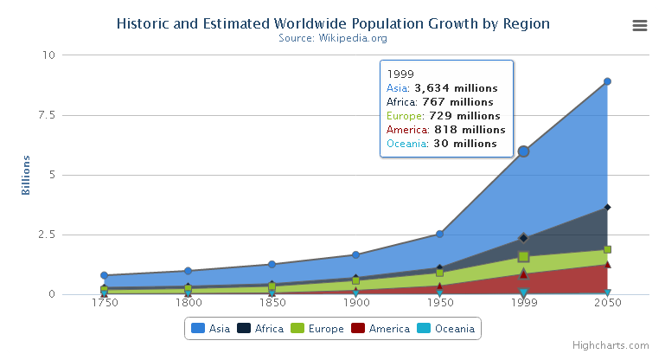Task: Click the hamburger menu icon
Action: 640,25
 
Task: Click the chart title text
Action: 333,23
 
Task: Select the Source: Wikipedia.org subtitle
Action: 333,38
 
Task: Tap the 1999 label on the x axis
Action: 523,305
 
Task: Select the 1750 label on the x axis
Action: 104,305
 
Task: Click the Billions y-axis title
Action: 27,175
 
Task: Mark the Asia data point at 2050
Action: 607,81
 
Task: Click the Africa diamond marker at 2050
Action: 607,207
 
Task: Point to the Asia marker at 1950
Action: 439,234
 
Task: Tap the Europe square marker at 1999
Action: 523,257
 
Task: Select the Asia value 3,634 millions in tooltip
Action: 456,88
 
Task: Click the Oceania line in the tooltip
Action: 442,144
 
